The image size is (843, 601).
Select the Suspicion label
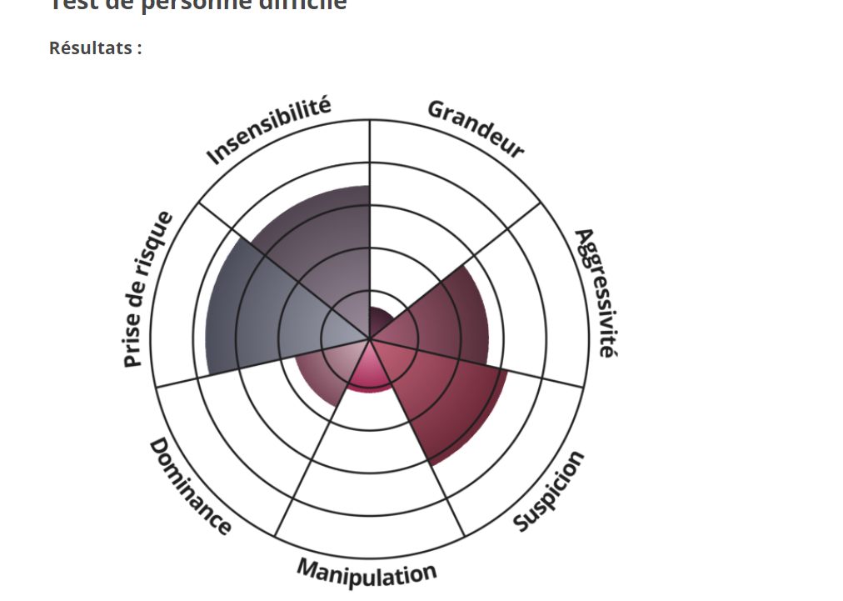pos(549,491)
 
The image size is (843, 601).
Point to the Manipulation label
pos(367,572)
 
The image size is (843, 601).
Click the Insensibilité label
pos(268,131)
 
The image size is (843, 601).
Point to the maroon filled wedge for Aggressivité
pos(441,317)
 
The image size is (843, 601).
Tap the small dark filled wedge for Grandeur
pos(381,320)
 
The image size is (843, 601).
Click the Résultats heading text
pos(95,48)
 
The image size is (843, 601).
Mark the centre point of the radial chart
pos(370,339)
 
